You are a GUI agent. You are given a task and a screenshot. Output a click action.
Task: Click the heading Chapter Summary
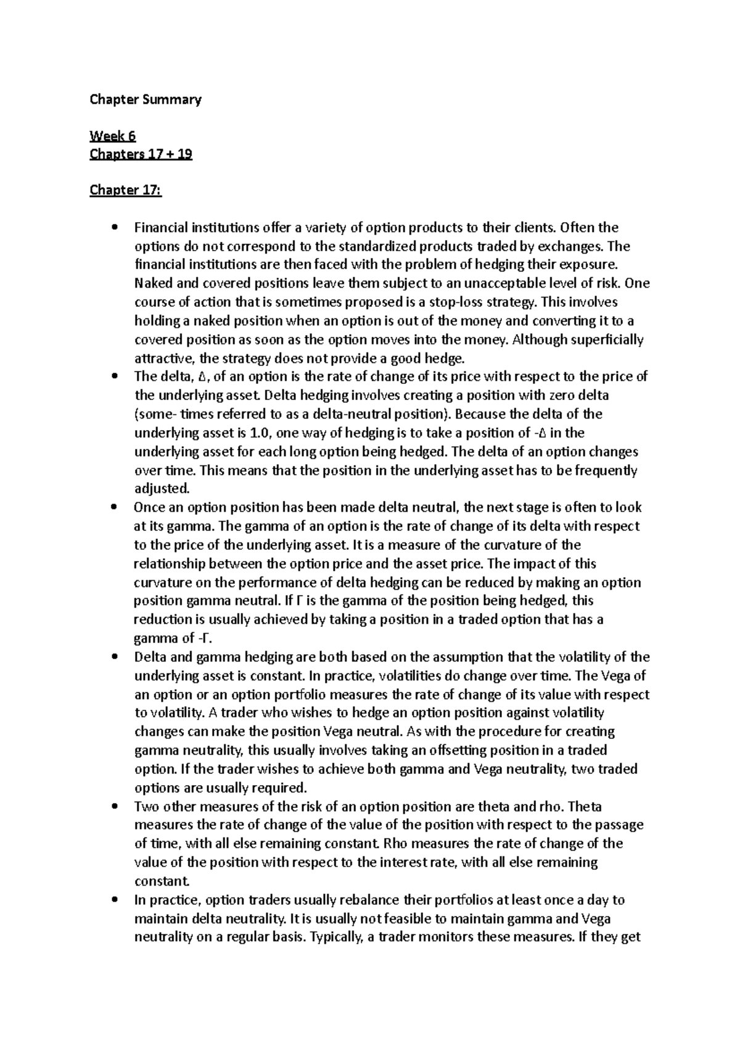146,99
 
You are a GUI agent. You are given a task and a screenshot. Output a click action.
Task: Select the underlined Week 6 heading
113,136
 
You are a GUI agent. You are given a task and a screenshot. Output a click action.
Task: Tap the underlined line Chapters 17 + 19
141,154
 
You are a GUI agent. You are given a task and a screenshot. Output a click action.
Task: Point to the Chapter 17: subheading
126,190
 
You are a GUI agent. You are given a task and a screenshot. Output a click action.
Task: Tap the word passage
620,825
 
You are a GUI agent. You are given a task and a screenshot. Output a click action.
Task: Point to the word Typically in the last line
336,938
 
